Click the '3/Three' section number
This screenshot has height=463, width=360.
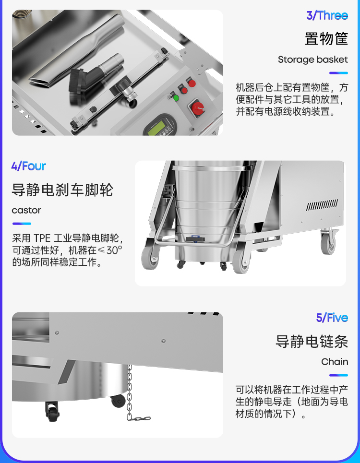(327, 15)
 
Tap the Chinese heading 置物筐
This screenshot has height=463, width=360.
(326, 39)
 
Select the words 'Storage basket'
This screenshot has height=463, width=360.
(313, 59)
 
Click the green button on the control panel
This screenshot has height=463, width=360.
(176, 98)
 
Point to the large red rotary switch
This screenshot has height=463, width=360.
(197, 108)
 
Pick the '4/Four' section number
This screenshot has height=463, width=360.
(29, 166)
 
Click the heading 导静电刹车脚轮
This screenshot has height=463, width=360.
(62, 190)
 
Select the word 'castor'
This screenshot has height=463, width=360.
(26, 211)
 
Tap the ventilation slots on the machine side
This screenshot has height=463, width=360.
(322, 205)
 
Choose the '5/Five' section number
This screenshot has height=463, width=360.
(332, 318)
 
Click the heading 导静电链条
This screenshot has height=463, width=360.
(312, 341)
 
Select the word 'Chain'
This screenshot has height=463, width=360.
(335, 362)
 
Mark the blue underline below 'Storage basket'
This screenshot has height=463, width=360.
(339, 73)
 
